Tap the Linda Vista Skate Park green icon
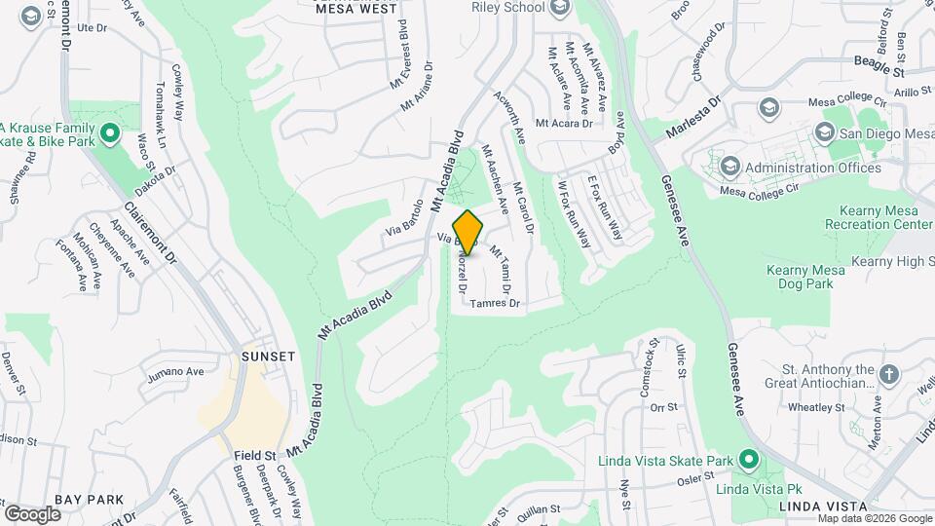[748, 458]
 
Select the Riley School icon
[559, 9]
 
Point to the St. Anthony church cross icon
[888, 374]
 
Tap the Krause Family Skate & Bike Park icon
[110, 131]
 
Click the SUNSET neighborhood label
[268, 357]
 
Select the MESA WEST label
[356, 9]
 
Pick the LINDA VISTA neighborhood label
[823, 507]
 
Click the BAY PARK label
[90, 500]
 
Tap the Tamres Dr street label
[495, 304]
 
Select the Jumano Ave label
[175, 371]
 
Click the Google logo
[32, 513]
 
